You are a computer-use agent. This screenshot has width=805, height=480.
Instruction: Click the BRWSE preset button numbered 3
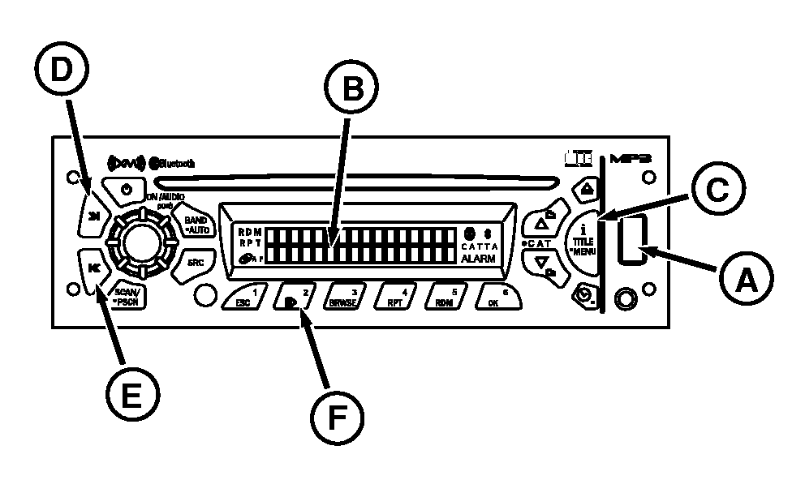coord(349,297)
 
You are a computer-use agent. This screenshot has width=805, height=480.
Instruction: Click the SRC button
coord(196,262)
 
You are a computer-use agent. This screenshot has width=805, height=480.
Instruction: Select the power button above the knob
coord(125,191)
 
